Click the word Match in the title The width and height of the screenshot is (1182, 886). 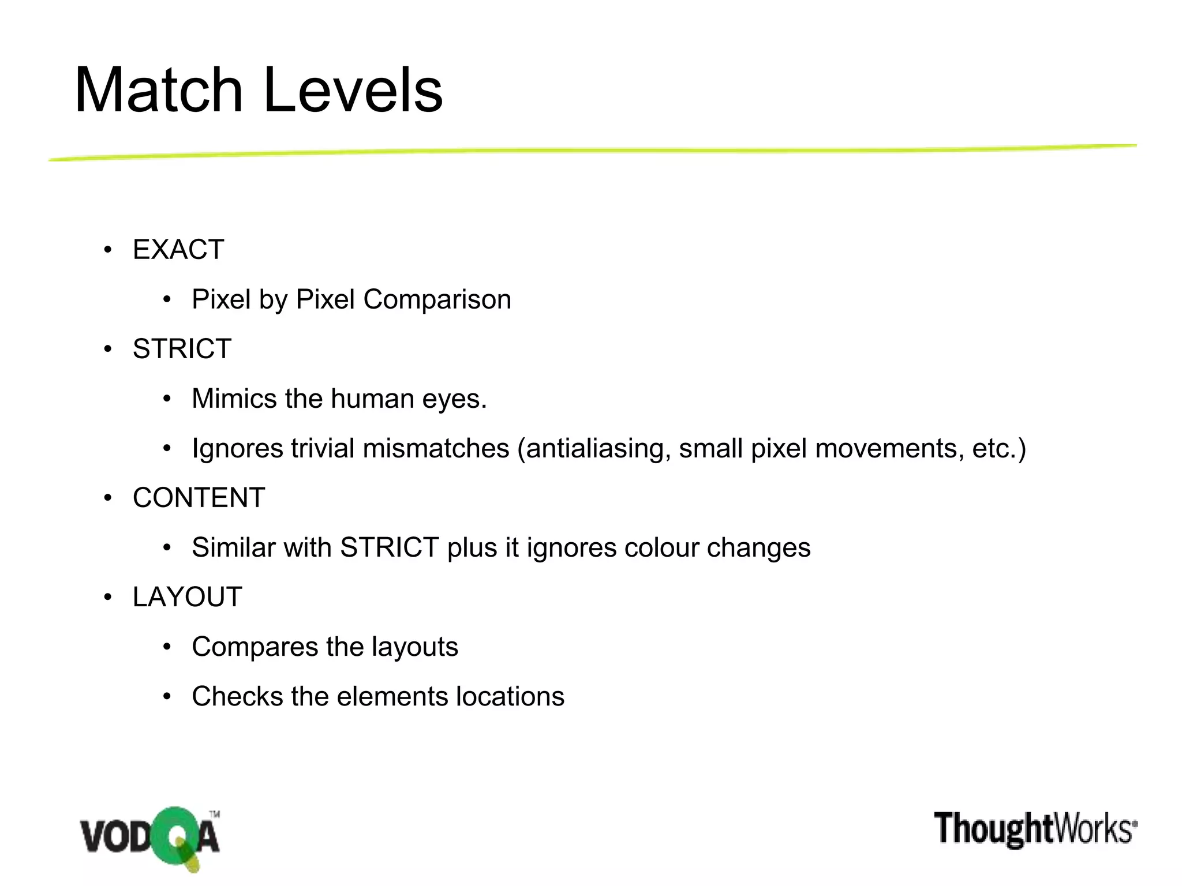point(159,91)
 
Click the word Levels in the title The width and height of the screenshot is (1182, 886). point(353,91)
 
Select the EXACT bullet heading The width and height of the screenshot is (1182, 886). point(178,250)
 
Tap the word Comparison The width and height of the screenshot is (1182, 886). point(437,299)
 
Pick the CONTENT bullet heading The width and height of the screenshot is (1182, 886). point(199,498)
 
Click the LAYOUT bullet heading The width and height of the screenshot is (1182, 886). point(187,597)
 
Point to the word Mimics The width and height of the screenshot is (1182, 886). point(234,399)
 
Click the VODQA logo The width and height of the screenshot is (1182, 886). point(150,837)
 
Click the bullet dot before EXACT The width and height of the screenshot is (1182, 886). point(107,250)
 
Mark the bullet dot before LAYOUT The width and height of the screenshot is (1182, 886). point(107,598)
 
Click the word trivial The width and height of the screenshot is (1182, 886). point(323,448)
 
